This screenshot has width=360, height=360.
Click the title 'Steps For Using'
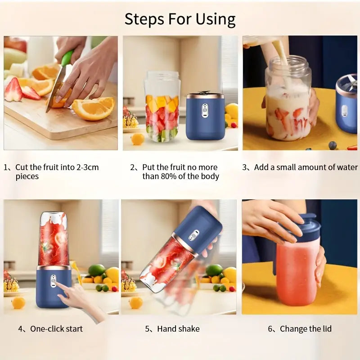pos(180,19)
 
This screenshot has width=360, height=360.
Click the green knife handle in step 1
pos(67,58)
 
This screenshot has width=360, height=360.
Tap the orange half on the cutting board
pos(94,109)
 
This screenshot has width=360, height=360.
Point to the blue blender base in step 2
pos(205,116)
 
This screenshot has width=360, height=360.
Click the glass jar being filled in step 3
pos(288,103)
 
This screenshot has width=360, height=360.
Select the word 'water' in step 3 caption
pos(347,167)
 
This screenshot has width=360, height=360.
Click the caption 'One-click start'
pos(56,329)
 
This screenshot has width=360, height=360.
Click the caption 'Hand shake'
pos(178,329)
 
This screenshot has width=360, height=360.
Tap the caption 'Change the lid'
pos(306,329)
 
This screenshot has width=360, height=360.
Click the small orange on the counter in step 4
pos(18,302)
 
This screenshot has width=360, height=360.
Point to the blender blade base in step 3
pos(347,103)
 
